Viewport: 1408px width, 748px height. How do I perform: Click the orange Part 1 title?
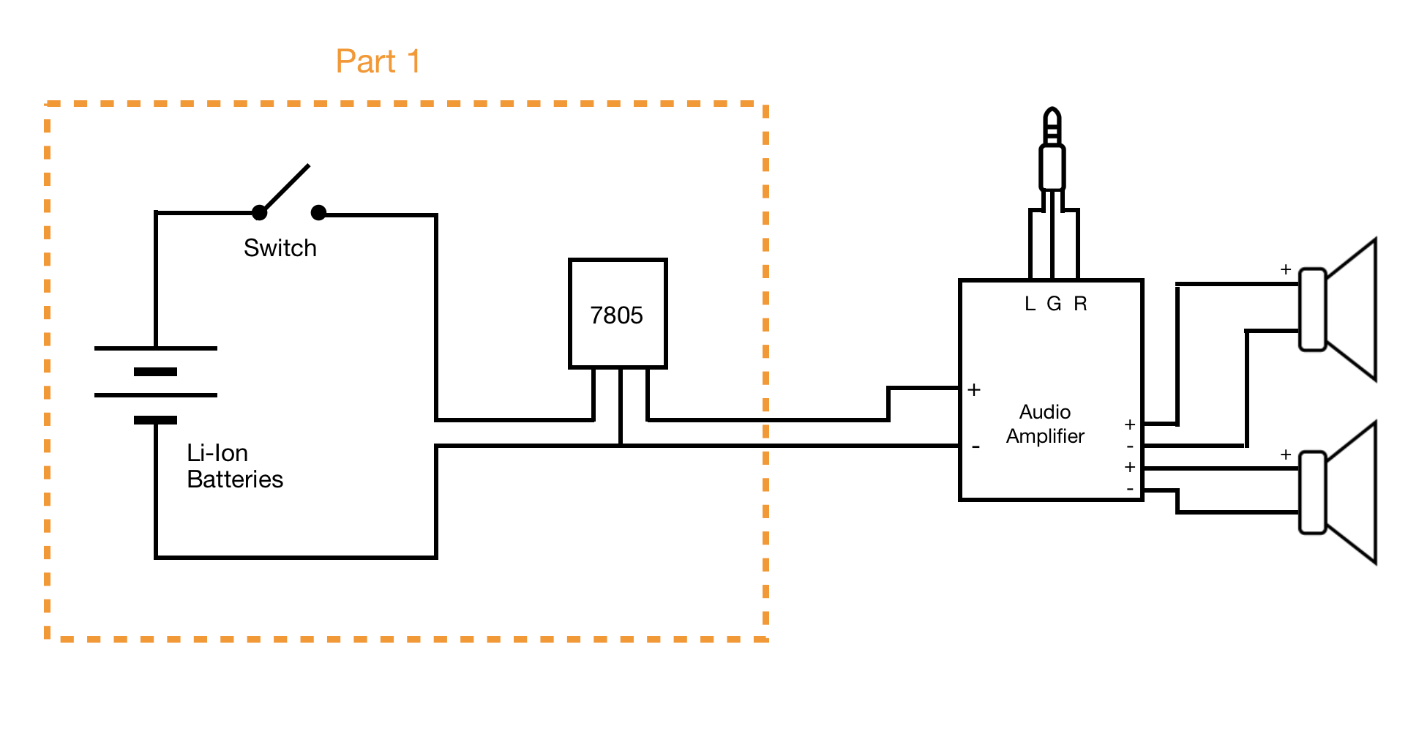(x=378, y=61)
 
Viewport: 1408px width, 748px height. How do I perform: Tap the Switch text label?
(x=280, y=248)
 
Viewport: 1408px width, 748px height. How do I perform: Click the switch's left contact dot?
(x=259, y=213)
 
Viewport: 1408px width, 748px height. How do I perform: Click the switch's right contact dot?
(x=318, y=213)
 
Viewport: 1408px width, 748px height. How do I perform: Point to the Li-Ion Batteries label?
(x=234, y=466)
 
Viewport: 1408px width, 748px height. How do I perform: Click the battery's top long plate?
(x=156, y=348)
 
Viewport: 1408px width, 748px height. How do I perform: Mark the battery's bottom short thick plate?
(x=155, y=420)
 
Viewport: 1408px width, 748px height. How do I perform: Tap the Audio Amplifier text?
(x=1044, y=424)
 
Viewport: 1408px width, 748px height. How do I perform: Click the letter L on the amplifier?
(x=1030, y=304)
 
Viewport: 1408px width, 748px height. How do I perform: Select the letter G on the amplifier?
(x=1054, y=304)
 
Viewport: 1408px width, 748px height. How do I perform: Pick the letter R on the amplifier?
(x=1080, y=304)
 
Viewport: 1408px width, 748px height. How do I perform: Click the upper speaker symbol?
(x=1339, y=310)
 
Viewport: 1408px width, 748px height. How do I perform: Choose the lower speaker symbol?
(x=1339, y=493)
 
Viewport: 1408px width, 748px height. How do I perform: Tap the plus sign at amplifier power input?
(x=974, y=390)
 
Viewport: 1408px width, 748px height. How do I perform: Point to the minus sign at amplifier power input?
(x=976, y=446)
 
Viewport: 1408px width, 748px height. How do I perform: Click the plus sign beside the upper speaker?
(x=1286, y=269)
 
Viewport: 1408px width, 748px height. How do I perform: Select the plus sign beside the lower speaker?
(x=1286, y=455)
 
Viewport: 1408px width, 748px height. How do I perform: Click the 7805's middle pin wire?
(x=621, y=406)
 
